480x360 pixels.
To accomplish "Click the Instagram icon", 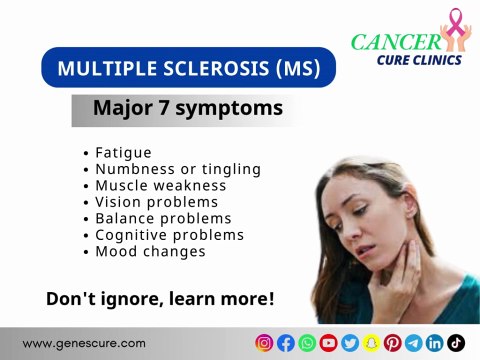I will [x=264, y=343].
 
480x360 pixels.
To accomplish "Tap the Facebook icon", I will [x=285, y=343].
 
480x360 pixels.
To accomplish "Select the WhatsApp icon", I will [x=307, y=343].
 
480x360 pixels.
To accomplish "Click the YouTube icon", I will [x=328, y=343].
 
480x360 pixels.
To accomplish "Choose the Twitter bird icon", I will [x=349, y=343].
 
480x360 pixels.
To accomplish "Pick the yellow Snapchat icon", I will [x=371, y=343].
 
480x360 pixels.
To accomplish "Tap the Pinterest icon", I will [x=392, y=343].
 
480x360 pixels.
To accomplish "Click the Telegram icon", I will [x=413, y=343].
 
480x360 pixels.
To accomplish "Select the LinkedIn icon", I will [x=435, y=343].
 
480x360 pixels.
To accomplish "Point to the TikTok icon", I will [x=456, y=343].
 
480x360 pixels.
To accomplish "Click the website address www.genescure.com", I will [x=84, y=343].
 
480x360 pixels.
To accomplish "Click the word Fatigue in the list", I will [x=123, y=153].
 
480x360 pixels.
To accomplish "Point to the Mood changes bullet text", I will [x=150, y=251].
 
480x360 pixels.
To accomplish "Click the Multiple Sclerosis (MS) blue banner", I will [x=189, y=68].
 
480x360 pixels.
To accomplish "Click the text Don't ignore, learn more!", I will [x=160, y=299].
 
